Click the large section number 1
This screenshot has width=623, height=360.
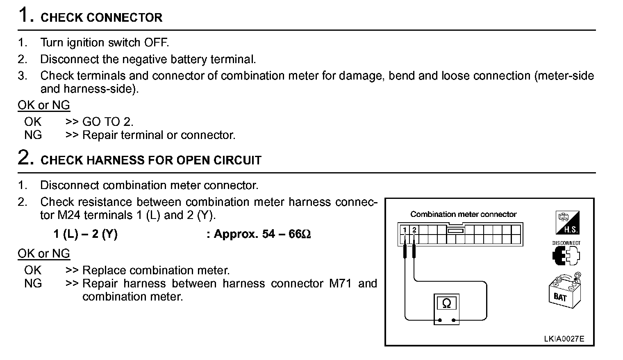pos(25,15)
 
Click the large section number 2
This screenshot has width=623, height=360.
pos(26,158)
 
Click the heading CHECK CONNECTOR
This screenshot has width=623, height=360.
pos(101,18)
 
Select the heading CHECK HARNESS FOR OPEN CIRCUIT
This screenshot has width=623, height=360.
pos(151,160)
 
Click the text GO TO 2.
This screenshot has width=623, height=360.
pos(108,122)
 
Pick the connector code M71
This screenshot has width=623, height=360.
pos(340,283)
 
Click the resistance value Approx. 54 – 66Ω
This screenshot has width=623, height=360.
pos(262,234)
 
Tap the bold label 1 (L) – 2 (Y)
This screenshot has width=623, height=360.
pos(85,234)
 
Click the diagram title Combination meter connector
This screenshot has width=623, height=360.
pos(463,214)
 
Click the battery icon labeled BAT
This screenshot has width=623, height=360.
pos(564,290)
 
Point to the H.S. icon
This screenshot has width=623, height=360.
pos(567,223)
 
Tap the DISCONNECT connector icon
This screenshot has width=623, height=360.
pos(566,253)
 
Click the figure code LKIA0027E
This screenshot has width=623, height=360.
pos(564,339)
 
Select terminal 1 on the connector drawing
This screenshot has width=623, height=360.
pos(405,230)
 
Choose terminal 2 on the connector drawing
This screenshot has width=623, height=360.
pos(414,230)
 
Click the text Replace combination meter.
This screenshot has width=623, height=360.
pos(156,270)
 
